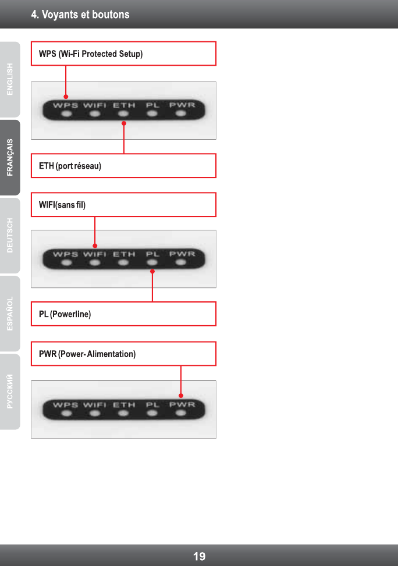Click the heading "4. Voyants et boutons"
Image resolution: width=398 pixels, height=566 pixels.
click(80, 15)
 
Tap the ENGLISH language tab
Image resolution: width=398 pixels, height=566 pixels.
click(10, 79)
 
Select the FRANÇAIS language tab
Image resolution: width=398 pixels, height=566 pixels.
click(10, 157)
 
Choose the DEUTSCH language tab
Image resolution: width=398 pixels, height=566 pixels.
click(10, 236)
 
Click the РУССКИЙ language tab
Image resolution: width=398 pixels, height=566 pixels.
click(10, 391)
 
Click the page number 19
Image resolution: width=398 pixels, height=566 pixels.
click(199, 557)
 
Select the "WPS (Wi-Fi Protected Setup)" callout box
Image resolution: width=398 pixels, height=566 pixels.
click(123, 54)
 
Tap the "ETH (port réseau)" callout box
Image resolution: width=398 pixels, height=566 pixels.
click(123, 166)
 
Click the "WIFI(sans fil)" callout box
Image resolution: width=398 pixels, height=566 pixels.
click(123, 205)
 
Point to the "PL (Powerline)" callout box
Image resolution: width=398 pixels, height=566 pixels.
click(123, 314)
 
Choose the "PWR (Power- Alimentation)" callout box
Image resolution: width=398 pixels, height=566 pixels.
click(123, 354)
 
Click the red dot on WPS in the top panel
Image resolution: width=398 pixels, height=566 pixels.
click(66, 97)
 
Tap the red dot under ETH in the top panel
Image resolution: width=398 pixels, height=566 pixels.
click(124, 123)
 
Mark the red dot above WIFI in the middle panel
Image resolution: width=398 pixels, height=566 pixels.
click(95, 245)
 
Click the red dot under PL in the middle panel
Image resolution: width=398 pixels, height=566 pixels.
click(152, 271)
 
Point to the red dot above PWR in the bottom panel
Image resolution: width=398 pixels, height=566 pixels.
click(181, 396)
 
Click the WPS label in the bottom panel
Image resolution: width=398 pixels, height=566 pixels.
click(66, 404)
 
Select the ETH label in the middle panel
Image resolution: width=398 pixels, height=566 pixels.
click(124, 254)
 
